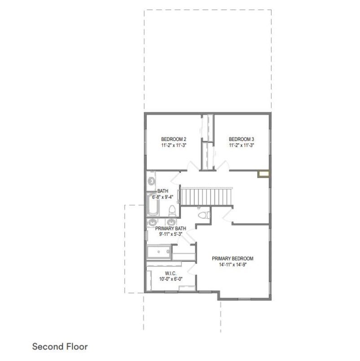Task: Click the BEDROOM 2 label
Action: click(x=174, y=139)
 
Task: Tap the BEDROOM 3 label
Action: click(x=241, y=139)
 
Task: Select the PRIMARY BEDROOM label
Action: click(x=233, y=259)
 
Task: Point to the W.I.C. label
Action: click(x=171, y=273)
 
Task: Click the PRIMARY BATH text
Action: click(x=171, y=229)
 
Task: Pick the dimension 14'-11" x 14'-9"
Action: click(x=233, y=264)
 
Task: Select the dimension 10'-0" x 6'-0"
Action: click(x=171, y=279)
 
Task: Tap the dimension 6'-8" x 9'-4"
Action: click(x=162, y=197)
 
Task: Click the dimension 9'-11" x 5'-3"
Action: click(x=171, y=234)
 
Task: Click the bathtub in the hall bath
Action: click(x=153, y=205)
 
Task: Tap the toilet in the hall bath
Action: click(x=172, y=211)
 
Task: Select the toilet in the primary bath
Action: click(x=204, y=215)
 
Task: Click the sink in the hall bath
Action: click(x=151, y=181)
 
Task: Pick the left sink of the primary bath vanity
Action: click(x=152, y=222)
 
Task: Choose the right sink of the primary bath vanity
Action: click(x=171, y=222)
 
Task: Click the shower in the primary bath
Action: click(x=159, y=252)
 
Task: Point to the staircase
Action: click(x=206, y=196)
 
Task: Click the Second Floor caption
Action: click(x=60, y=347)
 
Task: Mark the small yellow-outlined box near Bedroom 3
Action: click(x=263, y=174)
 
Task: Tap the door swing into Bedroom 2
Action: click(x=193, y=166)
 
